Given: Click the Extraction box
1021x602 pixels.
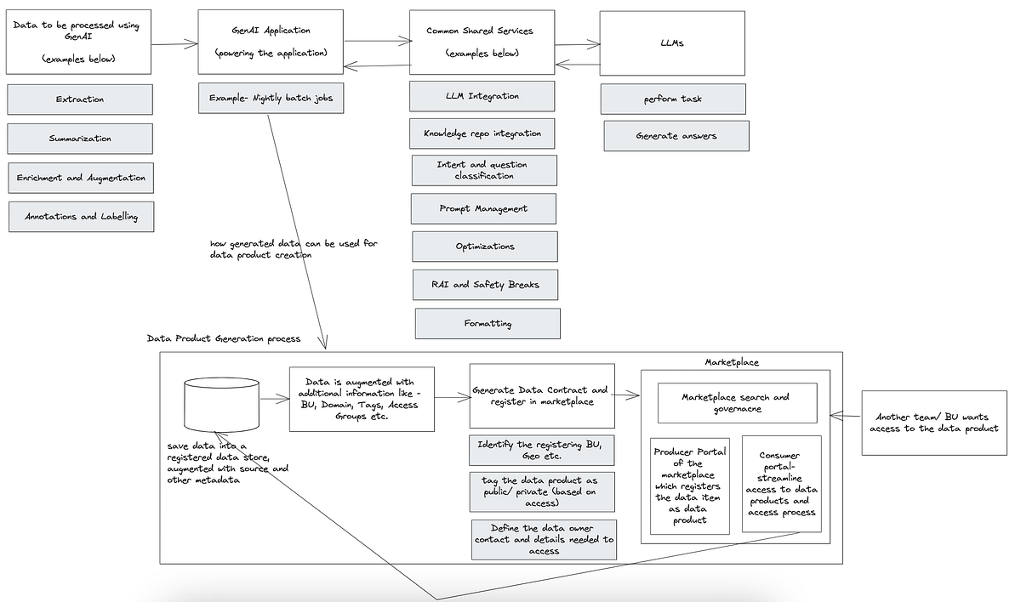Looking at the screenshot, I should tap(80, 99).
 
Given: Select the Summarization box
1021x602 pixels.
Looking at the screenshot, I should tap(80, 139).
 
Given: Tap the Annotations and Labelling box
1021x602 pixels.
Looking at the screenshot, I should tap(82, 216).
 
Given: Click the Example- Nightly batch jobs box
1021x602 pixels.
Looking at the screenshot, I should tap(271, 98).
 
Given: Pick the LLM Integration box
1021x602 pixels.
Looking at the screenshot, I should tap(482, 96).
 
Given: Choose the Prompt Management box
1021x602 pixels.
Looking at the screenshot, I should tap(483, 208).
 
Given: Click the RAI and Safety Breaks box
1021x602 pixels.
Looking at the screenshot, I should tap(486, 285).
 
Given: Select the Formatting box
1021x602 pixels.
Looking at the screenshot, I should tap(488, 323).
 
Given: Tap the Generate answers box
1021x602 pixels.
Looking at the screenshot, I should tap(676, 136).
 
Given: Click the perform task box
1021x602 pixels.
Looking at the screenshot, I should tap(673, 99).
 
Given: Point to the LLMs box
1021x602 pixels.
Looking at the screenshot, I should tap(671, 42).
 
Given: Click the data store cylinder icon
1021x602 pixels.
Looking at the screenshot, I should tap(221, 404).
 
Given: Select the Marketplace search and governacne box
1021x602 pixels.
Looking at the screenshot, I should tap(736, 402).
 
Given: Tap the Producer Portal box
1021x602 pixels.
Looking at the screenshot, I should tap(689, 485).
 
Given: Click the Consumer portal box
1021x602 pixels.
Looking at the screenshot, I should tap(781, 483).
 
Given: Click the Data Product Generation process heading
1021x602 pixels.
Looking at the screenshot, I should tap(223, 338).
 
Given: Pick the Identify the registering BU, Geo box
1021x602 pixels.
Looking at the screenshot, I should tap(542, 449).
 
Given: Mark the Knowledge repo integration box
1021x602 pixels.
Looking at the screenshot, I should tap(482, 133).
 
